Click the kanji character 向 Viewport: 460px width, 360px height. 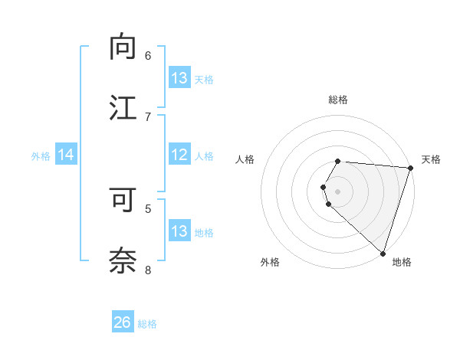point(123,47)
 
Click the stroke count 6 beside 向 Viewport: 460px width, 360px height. point(148,55)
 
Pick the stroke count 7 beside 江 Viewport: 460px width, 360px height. point(148,116)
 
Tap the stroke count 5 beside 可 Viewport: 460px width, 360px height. point(148,208)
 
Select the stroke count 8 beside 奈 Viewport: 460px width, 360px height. point(148,269)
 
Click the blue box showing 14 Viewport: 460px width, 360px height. point(66,155)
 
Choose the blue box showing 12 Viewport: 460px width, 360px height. point(179,155)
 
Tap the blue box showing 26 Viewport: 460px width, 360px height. point(123,322)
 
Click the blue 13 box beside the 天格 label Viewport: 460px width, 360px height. point(179,78)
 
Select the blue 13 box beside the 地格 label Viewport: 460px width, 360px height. point(179,231)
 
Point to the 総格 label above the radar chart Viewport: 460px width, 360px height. point(338,100)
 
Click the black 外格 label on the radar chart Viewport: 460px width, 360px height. point(270,262)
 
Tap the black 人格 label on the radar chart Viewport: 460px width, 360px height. point(245,159)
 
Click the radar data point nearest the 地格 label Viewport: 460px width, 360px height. point(383,253)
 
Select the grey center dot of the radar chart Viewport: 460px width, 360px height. point(338,191)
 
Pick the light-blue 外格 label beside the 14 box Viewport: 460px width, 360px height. point(41,155)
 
